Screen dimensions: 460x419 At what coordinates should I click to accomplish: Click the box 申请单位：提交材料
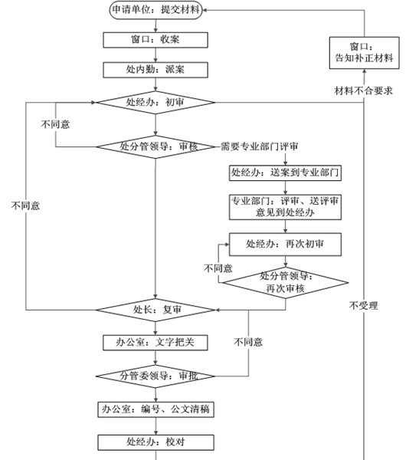click(x=155, y=9)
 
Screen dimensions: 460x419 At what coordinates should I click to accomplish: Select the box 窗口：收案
click(x=155, y=39)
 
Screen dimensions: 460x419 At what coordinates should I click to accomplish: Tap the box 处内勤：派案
click(x=155, y=69)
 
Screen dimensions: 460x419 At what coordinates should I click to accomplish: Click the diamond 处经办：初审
click(x=155, y=101)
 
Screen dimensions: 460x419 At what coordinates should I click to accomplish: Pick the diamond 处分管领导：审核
click(x=155, y=146)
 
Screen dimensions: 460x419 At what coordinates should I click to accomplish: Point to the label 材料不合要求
click(x=364, y=91)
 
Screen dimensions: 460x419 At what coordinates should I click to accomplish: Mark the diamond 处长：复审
click(x=155, y=310)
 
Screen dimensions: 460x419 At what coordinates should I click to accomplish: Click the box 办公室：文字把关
click(x=155, y=342)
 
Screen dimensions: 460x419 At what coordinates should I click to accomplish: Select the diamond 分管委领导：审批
click(x=155, y=376)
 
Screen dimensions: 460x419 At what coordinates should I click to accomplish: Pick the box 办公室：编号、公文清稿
click(x=155, y=409)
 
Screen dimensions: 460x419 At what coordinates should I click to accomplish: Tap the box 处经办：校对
click(x=155, y=442)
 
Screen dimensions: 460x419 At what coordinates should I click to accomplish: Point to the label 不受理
click(x=363, y=306)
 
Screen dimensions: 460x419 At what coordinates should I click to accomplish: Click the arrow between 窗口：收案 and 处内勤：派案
click(x=155, y=54)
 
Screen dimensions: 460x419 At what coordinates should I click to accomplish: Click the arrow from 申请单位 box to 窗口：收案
click(x=155, y=25)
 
